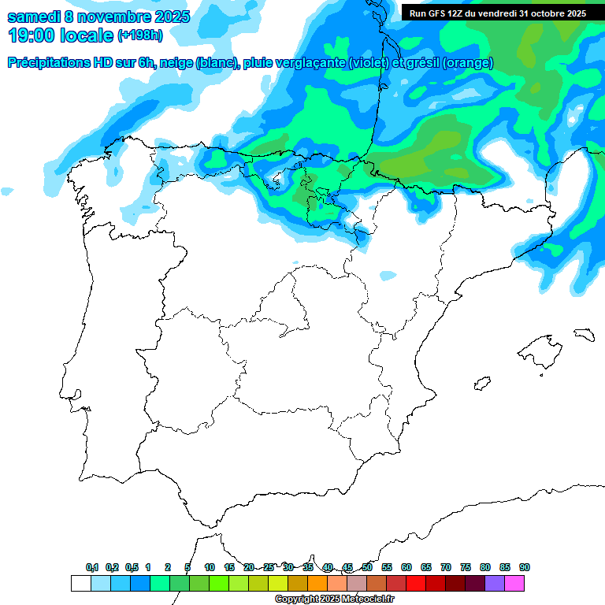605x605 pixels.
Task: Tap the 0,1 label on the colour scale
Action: point(92,567)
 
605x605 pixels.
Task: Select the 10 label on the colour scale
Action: point(209,567)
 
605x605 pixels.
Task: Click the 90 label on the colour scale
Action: point(525,567)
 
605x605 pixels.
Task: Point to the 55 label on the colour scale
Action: point(387,567)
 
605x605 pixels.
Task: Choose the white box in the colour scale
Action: point(80,584)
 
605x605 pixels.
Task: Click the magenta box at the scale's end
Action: point(514,584)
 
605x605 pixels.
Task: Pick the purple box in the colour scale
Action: point(495,584)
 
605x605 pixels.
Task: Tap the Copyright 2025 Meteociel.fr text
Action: point(334,599)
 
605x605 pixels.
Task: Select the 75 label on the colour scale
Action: point(466,567)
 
